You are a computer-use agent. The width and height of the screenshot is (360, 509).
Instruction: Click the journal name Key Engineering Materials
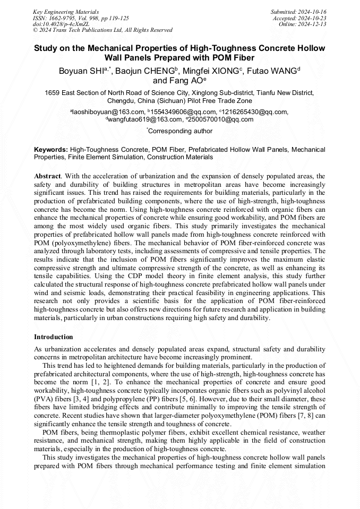[66, 11]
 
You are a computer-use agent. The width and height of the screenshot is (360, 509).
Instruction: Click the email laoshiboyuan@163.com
[109, 112]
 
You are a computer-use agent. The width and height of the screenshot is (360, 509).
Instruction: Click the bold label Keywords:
[50, 150]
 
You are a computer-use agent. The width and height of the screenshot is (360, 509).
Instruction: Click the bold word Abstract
[47, 176]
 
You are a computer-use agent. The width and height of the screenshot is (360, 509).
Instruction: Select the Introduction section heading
[54, 337]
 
